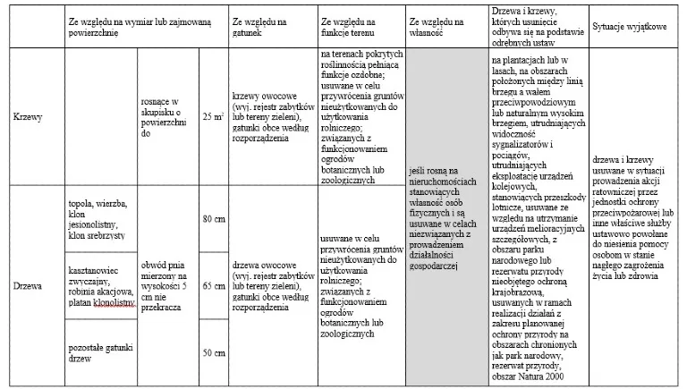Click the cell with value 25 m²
click(213, 117)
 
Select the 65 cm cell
click(213, 286)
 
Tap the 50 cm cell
click(213, 352)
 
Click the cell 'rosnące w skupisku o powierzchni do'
click(167, 117)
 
